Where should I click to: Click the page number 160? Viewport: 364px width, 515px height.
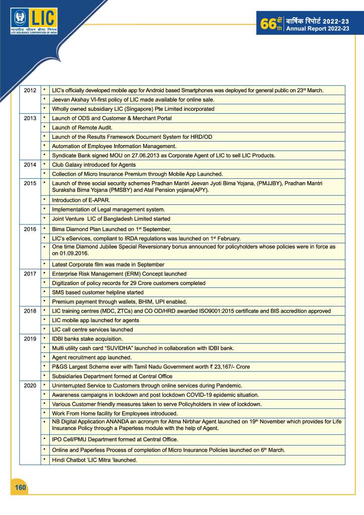coord(20,487)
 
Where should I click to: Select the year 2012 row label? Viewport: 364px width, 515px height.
coord(30,91)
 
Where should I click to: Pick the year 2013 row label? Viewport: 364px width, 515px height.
coord(30,118)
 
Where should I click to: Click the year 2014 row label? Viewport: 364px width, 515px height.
coord(30,165)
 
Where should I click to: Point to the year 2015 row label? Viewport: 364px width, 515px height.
coord(30,183)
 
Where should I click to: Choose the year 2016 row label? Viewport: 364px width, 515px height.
coord(30,229)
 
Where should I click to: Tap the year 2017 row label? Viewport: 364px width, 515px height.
coord(30,274)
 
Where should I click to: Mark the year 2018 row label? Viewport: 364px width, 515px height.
coord(30,311)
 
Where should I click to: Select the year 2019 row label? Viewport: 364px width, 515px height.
coord(30,339)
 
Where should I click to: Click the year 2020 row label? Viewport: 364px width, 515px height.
coord(30,385)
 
